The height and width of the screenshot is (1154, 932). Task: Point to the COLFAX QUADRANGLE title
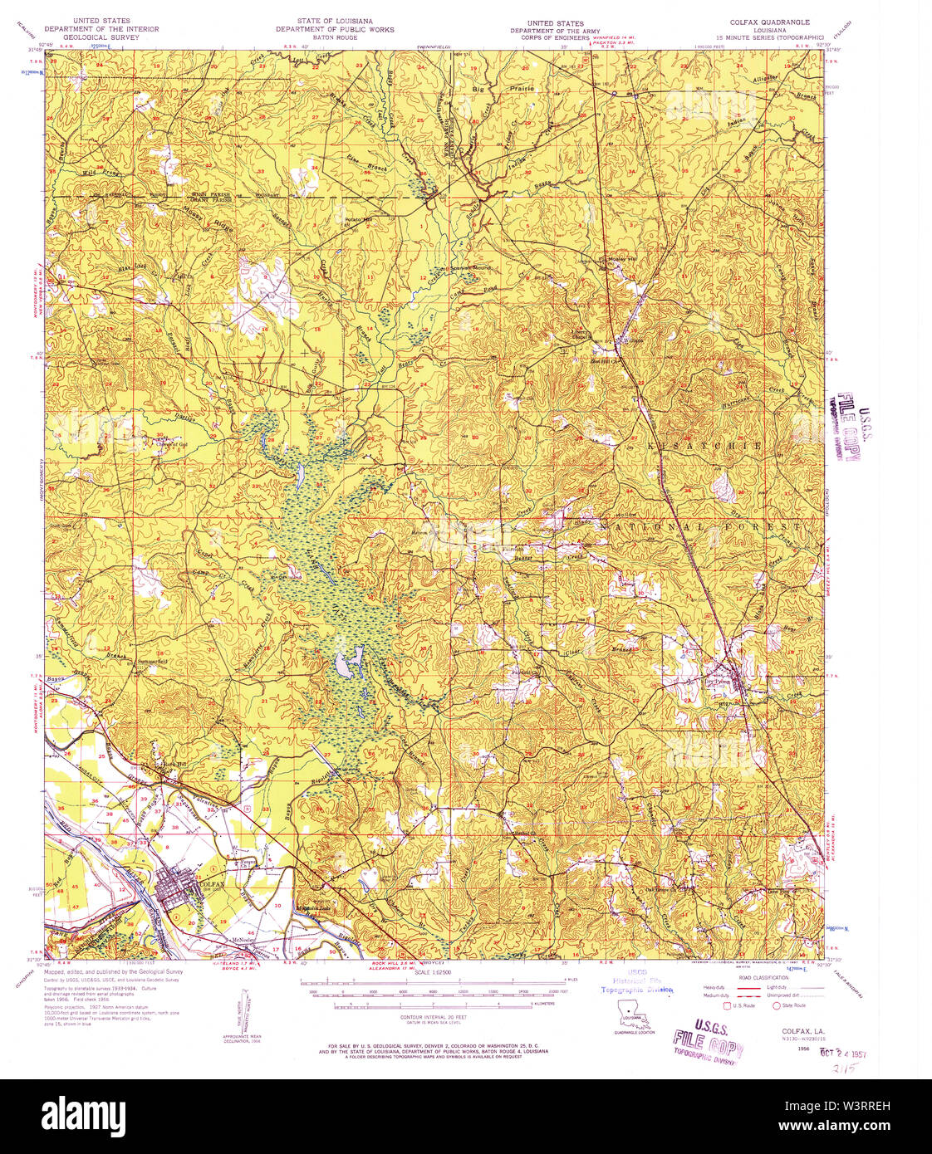click(x=769, y=22)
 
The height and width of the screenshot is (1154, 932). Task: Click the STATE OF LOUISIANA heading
click(x=335, y=21)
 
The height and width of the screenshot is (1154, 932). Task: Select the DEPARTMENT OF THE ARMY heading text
click(x=555, y=31)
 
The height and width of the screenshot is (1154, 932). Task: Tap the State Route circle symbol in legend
click(x=777, y=1005)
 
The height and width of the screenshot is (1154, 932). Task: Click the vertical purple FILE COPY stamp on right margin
click(x=847, y=425)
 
